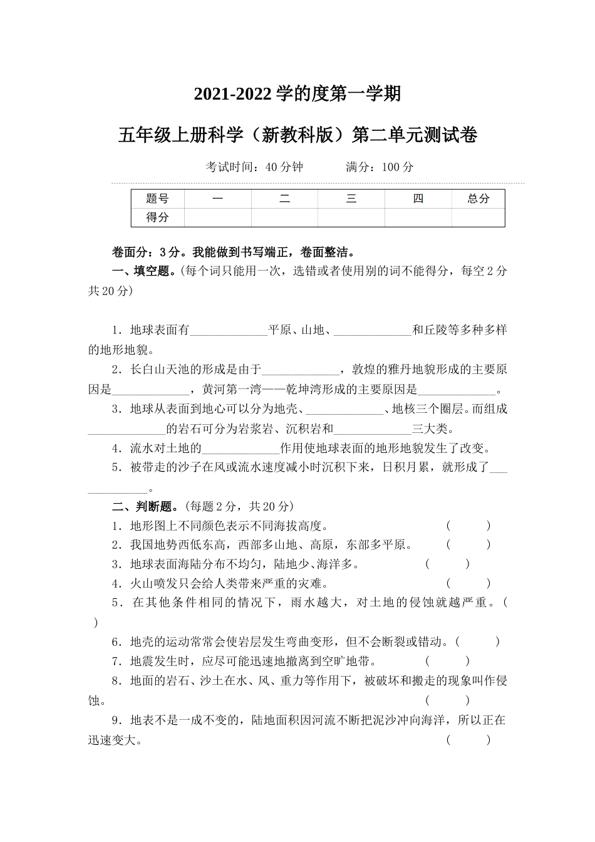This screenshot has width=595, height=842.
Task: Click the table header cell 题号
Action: (x=157, y=199)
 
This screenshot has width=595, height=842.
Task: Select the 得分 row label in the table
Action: (x=157, y=217)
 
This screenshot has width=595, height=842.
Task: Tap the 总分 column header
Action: (x=478, y=199)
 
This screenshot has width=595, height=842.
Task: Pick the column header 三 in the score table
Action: (x=351, y=199)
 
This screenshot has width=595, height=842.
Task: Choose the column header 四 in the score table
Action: (x=418, y=199)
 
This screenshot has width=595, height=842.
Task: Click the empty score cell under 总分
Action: (x=478, y=217)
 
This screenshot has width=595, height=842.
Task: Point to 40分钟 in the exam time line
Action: (x=284, y=167)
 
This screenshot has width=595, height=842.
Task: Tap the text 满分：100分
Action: (x=380, y=167)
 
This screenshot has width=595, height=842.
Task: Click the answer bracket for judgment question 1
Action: (x=468, y=526)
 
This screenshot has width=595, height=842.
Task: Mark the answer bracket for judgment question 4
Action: (x=468, y=584)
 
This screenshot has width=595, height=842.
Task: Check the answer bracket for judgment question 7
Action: (x=447, y=661)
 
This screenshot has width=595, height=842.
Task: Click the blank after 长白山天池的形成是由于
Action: (x=300, y=371)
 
